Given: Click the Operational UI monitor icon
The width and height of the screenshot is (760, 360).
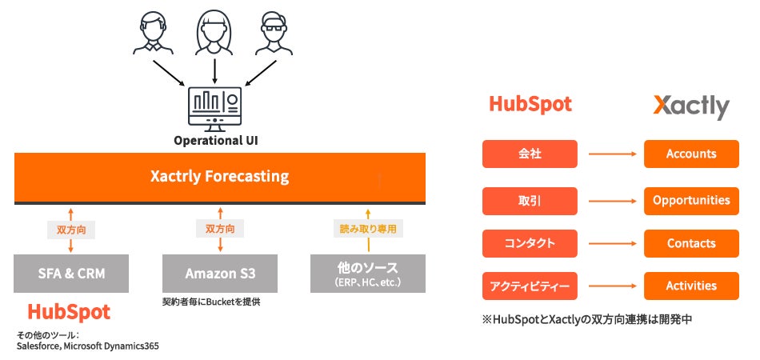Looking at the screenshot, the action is (214, 109).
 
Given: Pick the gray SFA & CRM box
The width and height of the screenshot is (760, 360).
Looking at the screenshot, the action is (71, 274).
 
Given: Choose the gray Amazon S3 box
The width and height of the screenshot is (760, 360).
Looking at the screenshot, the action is (220, 274).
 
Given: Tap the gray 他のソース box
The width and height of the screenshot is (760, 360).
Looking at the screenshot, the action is (368, 274).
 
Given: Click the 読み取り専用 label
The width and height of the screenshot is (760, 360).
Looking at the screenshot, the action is (368, 229).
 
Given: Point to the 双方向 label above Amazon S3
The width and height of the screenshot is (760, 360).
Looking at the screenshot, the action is (220, 229).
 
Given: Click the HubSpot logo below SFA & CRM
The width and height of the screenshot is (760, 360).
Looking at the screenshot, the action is (69, 312).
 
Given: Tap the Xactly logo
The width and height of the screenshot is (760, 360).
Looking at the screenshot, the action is (691, 106).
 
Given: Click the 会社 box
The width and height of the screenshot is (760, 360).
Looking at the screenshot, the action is (530, 154).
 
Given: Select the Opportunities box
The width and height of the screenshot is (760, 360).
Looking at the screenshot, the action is (691, 201).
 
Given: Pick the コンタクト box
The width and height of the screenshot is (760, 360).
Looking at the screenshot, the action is (530, 243).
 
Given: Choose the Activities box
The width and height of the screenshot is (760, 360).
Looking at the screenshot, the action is (691, 286).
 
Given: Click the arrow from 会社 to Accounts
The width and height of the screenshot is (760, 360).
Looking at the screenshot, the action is (612, 154).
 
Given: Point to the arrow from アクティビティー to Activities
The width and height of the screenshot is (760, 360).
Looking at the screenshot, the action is (612, 286).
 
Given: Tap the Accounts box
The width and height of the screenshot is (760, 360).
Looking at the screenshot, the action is (691, 154).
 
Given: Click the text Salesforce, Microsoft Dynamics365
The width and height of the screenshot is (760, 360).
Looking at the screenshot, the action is (88, 346).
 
